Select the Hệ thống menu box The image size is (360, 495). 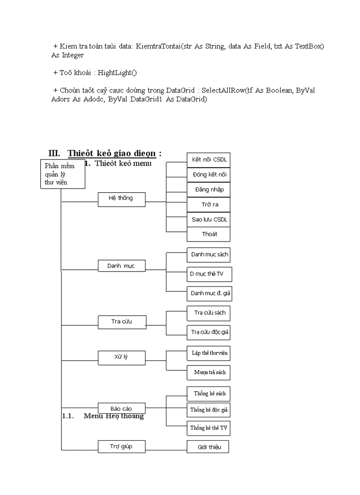point(121,198)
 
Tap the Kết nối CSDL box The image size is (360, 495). point(209,160)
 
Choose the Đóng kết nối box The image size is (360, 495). point(209,175)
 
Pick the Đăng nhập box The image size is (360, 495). point(209,190)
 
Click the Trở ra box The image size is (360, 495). point(209,205)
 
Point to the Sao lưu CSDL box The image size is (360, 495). point(209,220)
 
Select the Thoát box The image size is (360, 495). point(209,234)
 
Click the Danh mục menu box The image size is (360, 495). point(121,266)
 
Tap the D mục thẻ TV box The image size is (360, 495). point(209,274)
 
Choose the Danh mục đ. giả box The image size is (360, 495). point(209,293)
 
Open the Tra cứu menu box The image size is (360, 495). point(121,321)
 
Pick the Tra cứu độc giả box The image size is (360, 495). point(209,332)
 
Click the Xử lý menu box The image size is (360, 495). point(121,357)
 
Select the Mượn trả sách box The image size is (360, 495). point(209,372)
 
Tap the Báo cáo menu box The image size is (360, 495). point(121,409)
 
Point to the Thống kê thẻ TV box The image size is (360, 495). point(209,428)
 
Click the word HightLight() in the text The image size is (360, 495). point(117,72)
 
